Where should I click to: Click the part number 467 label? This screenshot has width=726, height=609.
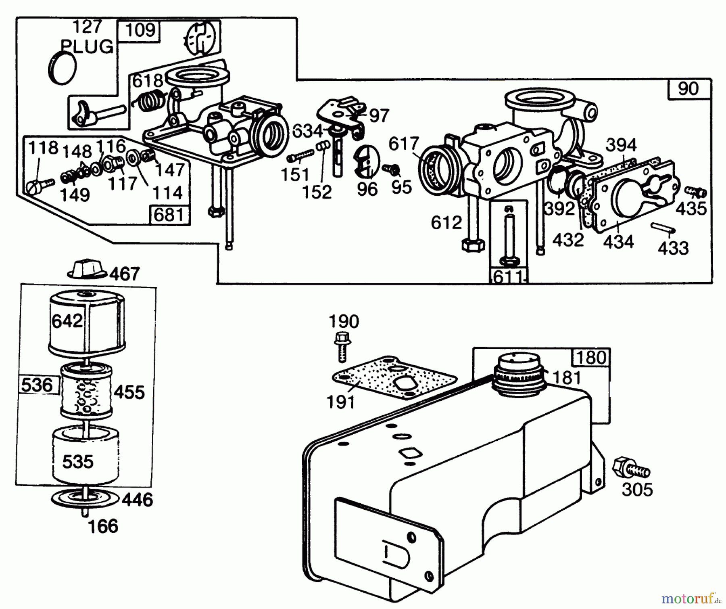125,274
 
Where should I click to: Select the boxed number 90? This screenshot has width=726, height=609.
688,89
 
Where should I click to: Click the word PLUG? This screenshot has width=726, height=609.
87,47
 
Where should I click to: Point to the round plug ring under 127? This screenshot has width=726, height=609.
63,68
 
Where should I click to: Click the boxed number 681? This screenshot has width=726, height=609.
169,214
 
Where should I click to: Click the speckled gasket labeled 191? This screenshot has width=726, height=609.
393,379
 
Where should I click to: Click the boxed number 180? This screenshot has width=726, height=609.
591,358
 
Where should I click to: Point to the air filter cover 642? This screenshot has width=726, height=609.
87,323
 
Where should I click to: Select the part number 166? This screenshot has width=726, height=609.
103,526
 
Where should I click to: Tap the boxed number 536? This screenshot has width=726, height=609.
37,385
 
